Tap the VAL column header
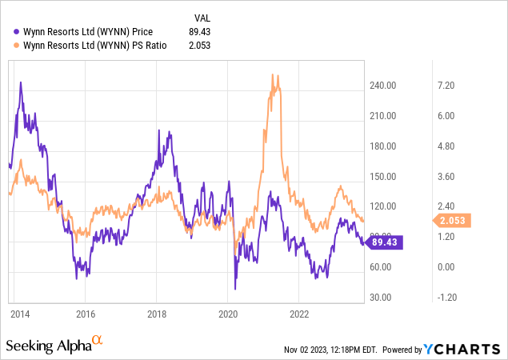pos(204,18)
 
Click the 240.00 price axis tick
pos(384,86)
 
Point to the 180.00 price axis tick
pos(384,146)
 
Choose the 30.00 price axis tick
pos(382,298)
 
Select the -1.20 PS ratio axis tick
pos(443,298)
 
